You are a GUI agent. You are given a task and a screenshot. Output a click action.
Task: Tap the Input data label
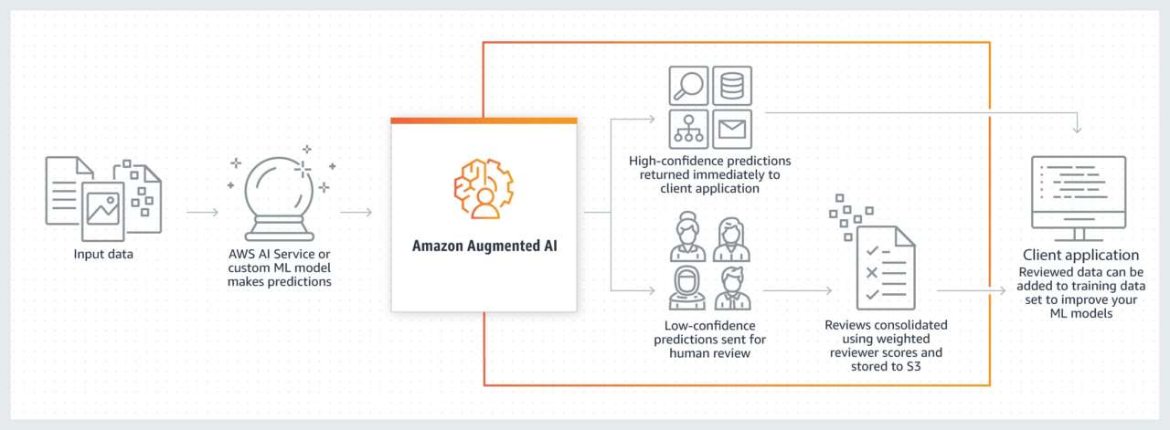[x=103, y=254]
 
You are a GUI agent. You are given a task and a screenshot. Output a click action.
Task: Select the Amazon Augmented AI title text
[x=484, y=246]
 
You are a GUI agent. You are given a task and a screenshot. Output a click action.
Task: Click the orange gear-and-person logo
[x=484, y=188]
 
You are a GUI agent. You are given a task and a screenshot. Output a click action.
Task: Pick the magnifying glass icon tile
[x=688, y=85]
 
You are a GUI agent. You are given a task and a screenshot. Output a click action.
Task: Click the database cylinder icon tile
[x=731, y=85]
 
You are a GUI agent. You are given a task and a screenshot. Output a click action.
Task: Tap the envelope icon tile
[x=731, y=129]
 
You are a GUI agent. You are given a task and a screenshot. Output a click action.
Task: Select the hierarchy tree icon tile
[x=688, y=129]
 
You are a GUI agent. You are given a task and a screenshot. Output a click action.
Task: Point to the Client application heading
[x=1080, y=255]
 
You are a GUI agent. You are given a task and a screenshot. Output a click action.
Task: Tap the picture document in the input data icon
[x=102, y=210]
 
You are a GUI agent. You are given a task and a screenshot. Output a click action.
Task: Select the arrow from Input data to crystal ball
[x=202, y=213]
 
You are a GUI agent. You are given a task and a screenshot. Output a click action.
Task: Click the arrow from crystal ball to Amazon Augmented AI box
[x=356, y=213]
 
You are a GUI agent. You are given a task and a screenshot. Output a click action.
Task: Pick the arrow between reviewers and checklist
[x=797, y=291]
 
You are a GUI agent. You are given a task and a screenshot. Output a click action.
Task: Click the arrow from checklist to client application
[x=974, y=291]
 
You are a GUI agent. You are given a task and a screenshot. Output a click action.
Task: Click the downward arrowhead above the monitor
[x=1078, y=129]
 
